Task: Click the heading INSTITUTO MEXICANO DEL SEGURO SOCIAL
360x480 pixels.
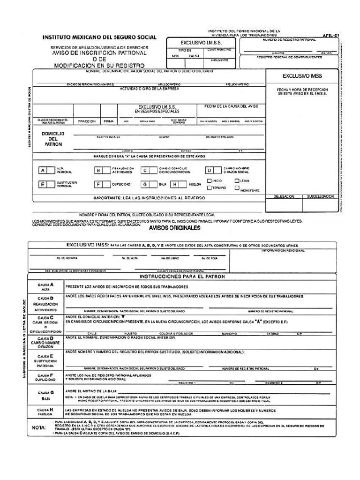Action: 100,37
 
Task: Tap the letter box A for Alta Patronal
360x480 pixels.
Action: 43,171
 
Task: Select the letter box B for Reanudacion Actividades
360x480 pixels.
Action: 98,171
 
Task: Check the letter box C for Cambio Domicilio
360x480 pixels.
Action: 146,171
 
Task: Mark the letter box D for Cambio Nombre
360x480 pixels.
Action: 210,171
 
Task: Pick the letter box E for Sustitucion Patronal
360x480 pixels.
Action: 43,185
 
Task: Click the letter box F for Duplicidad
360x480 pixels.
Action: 98,185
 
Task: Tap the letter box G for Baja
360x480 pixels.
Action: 146,185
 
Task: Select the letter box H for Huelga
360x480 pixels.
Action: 174,185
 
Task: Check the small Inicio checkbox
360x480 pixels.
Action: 210,180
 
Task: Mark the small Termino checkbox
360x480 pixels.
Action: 210,187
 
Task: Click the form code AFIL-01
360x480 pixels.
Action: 330,35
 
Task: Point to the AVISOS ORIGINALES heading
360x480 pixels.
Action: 174,228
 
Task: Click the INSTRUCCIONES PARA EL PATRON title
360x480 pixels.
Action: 183,277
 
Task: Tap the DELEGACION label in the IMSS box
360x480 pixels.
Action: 284,197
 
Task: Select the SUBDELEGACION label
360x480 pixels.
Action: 321,197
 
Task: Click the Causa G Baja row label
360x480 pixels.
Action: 45,395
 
